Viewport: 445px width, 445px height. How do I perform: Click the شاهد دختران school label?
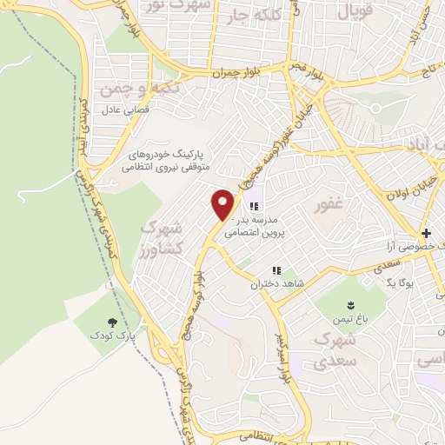click(269, 283)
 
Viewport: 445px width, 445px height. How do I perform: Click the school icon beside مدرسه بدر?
click(255, 207)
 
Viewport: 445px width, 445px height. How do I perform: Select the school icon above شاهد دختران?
click(277, 270)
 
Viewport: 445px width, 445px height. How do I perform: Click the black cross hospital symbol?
click(426, 233)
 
